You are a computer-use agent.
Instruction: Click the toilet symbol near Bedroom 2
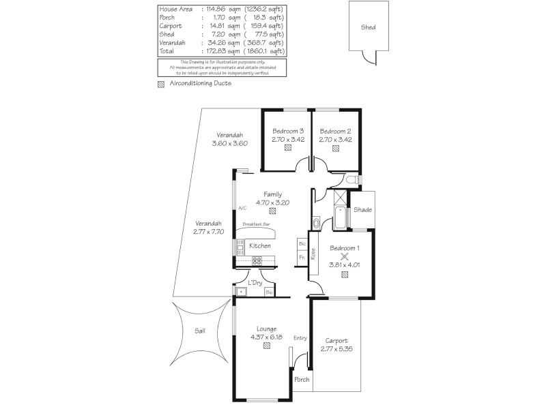[x=351, y=180]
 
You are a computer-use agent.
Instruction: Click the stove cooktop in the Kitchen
[x=257, y=260]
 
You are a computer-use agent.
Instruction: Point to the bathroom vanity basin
[x=315, y=223]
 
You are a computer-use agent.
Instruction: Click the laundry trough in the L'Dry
[x=241, y=292]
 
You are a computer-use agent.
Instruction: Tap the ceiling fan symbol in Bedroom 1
[x=345, y=257]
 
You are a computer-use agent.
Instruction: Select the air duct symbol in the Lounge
[x=266, y=346]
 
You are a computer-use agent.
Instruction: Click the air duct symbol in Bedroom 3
[x=288, y=147]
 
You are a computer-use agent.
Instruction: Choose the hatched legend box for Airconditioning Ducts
[x=161, y=84]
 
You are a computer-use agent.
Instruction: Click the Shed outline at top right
[x=369, y=27]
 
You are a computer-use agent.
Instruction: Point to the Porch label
[x=301, y=380]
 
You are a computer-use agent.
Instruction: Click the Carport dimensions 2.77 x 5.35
[x=336, y=350]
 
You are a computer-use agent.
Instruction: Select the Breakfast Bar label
[x=255, y=224]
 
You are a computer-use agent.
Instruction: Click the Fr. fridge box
[x=302, y=257]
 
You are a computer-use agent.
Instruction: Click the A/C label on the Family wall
[x=242, y=209]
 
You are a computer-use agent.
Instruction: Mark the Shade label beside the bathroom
[x=362, y=209]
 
